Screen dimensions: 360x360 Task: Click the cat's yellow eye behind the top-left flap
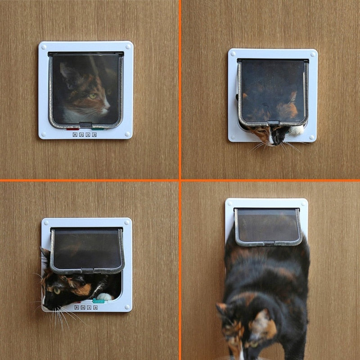tap(93, 96)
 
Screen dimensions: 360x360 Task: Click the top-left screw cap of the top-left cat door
tap(44, 47)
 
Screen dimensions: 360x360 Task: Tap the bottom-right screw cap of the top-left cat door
tap(127, 134)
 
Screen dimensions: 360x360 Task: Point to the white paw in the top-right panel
tap(296, 131)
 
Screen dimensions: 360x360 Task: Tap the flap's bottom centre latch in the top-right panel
tap(273, 123)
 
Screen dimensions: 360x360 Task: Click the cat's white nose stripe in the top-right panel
tap(271, 137)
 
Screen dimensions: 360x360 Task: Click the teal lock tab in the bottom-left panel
tap(98, 301)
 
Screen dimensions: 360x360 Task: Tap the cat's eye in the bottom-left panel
tap(57, 290)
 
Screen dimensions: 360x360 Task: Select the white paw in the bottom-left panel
tap(105, 297)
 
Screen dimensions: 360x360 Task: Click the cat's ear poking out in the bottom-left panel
tap(45, 256)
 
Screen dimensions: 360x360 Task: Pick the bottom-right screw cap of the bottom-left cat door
tap(127, 307)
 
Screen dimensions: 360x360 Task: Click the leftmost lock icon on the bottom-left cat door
tap(76, 307)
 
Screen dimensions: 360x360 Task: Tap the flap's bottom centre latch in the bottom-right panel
tap(268, 244)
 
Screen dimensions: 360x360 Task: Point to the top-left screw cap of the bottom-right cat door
tap(230, 203)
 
